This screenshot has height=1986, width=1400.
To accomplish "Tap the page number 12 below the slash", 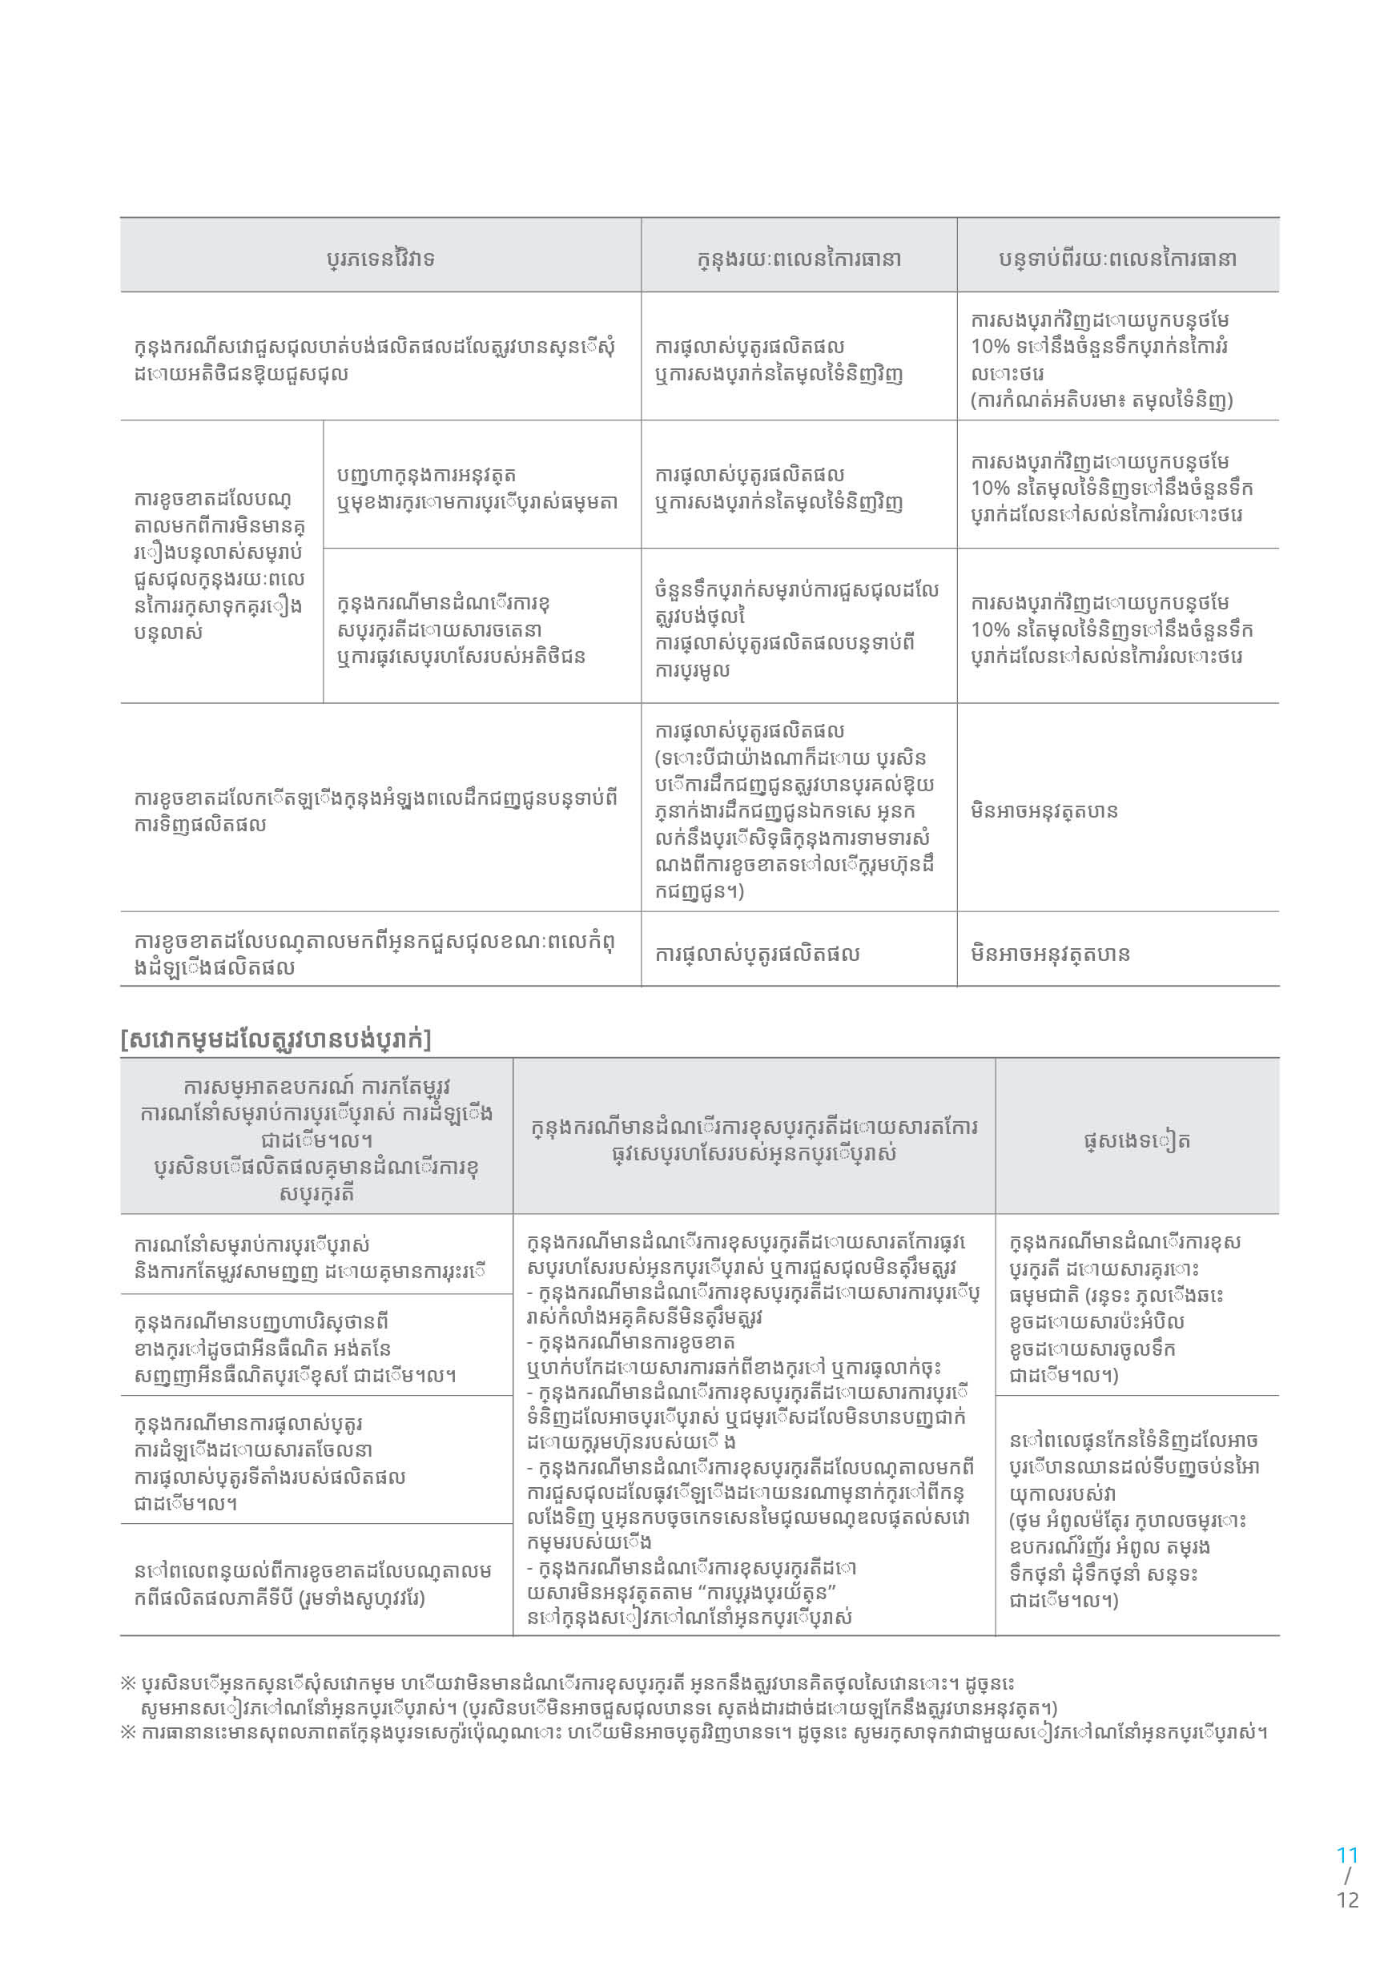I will (x=1347, y=1900).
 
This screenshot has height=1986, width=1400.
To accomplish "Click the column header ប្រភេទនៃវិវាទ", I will (x=380, y=258).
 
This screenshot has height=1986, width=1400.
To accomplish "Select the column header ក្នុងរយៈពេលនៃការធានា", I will (x=799, y=258).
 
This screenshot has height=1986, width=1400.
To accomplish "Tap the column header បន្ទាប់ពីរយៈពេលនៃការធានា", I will (x=1117, y=258).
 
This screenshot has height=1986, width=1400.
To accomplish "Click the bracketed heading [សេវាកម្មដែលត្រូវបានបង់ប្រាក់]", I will (x=276, y=1038).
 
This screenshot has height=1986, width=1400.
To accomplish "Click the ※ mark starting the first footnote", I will (x=128, y=1683).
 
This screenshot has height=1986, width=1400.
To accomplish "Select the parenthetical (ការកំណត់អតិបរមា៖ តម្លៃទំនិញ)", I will (x=1101, y=400).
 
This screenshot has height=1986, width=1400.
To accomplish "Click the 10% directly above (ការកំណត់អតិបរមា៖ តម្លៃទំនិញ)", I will (x=990, y=346).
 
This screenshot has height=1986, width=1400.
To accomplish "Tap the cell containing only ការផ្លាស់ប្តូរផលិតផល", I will (x=757, y=953).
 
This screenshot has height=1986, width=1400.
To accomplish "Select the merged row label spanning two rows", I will (x=219, y=565).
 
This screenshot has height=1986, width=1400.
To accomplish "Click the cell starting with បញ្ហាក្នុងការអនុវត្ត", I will (x=477, y=488).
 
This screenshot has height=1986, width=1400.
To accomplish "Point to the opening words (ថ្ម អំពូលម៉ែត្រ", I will (x=1073, y=1520).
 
